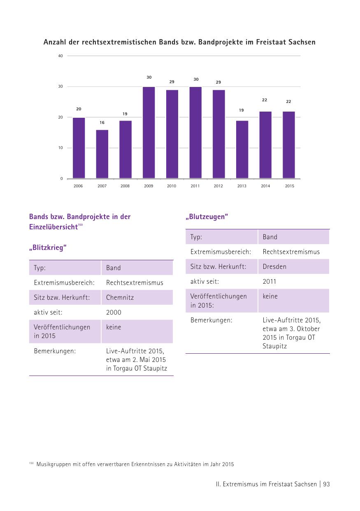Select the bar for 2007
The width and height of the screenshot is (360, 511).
click(x=102, y=154)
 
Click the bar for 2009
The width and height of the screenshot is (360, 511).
click(x=149, y=133)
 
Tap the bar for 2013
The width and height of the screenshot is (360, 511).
click(x=242, y=149)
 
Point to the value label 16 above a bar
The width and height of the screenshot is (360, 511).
click(x=102, y=123)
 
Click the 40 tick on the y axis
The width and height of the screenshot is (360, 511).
click(x=60, y=56)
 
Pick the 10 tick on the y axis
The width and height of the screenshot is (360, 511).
click(x=60, y=148)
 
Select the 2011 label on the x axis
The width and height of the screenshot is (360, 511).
click(x=195, y=186)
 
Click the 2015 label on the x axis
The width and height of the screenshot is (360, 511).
click(x=290, y=186)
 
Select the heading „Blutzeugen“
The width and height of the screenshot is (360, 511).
click(x=207, y=217)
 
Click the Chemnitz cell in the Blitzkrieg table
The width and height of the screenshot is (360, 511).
click(x=120, y=297)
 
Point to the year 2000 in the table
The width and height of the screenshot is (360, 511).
click(x=114, y=312)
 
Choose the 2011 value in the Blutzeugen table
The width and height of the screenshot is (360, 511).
click(x=269, y=281)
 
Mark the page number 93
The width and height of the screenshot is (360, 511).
click(x=326, y=484)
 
